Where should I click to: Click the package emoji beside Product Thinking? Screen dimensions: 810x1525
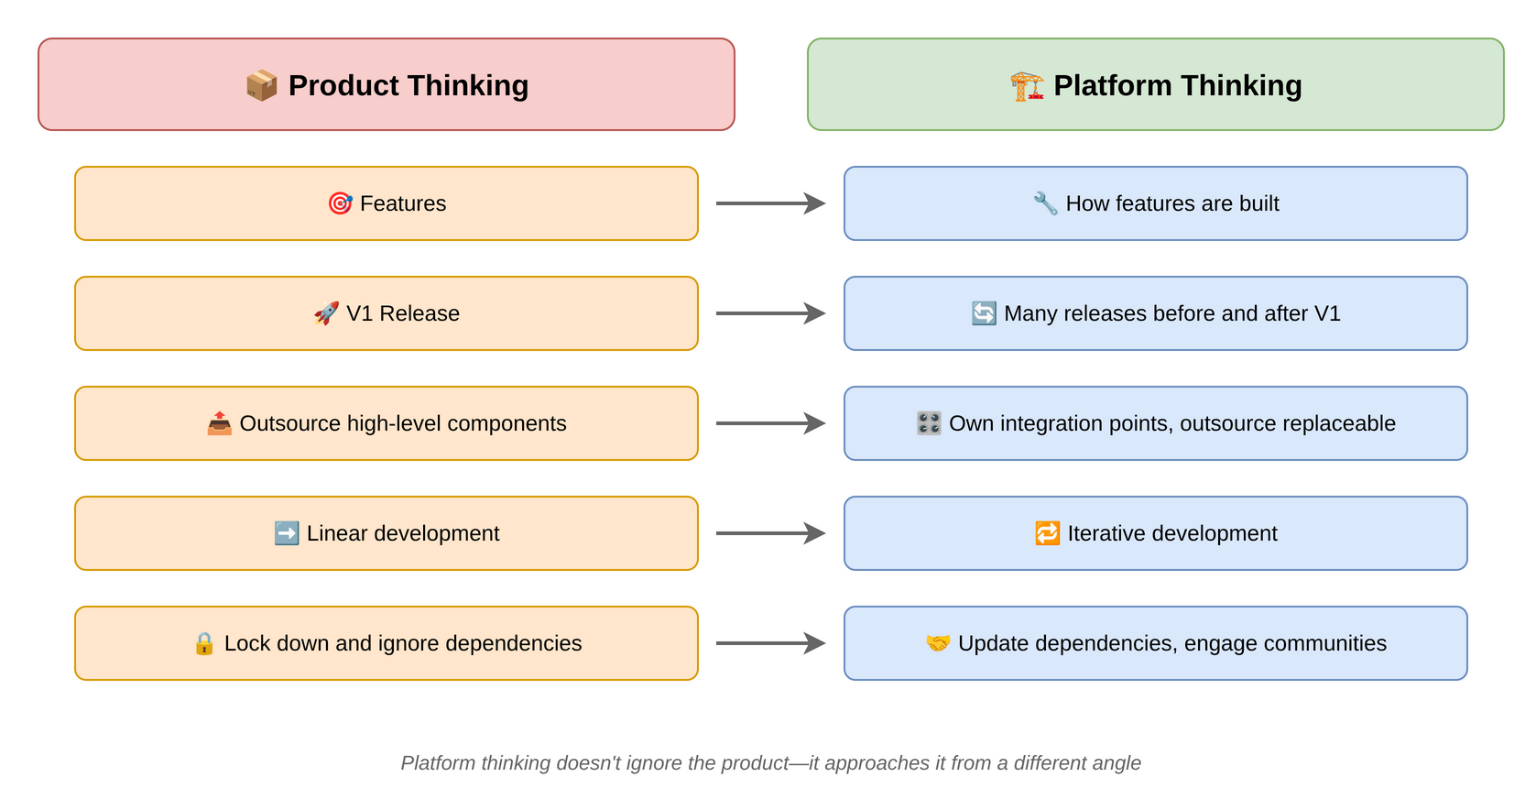coord(261,85)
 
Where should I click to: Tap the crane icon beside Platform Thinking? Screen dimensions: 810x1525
coord(1027,85)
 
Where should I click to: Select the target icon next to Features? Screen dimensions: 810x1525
coord(340,203)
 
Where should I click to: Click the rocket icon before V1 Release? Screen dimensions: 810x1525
coord(326,313)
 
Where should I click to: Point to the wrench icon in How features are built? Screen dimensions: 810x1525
coord(1045,203)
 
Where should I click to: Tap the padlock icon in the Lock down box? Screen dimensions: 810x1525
coord(204,643)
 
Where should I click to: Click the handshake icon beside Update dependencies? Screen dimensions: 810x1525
coord(938,643)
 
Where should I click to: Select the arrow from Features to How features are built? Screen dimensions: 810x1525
coord(769,203)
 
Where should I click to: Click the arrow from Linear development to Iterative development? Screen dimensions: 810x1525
coord(769,533)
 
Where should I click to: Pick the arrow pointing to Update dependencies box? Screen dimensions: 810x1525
coord(769,643)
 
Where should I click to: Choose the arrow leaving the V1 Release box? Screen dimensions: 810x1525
coord(769,313)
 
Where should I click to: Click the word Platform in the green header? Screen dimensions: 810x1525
coord(1112,85)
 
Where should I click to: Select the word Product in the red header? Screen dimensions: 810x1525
coord(343,85)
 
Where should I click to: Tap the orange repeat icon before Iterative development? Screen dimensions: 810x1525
coord(1047,533)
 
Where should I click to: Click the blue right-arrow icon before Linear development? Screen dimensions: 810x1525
coord(287,533)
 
